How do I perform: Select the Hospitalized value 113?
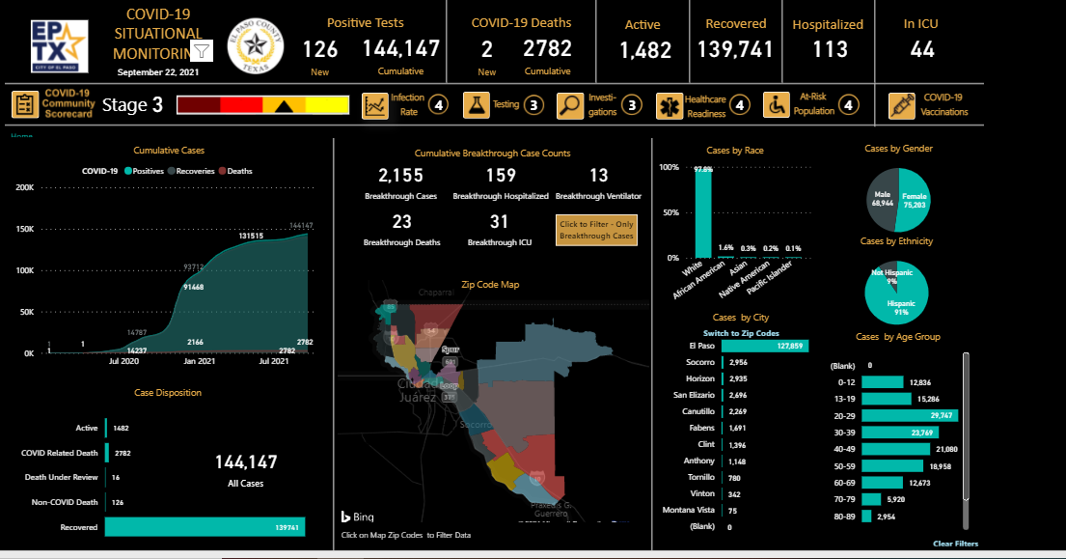point(830,50)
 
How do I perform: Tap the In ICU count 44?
point(922,50)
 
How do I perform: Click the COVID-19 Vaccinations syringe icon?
point(902,105)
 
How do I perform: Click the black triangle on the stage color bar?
point(285,106)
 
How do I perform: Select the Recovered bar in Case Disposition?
point(205,527)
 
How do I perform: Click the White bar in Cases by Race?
point(703,212)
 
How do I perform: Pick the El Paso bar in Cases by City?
point(764,346)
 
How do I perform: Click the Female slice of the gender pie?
point(914,199)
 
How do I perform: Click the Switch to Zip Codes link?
point(741,333)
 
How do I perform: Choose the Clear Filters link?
point(955,544)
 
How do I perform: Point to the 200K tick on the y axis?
point(25,187)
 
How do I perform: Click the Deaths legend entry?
point(234,171)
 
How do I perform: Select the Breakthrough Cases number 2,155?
point(400,176)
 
